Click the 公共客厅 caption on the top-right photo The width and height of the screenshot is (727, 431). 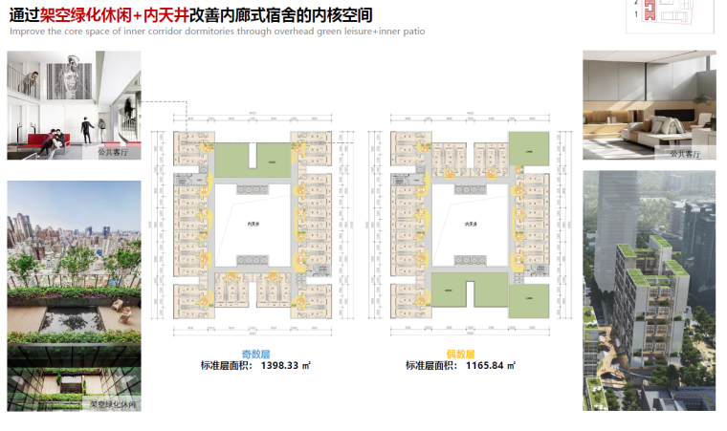pos(685,152)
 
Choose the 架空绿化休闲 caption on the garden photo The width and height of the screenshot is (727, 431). pos(113,404)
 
